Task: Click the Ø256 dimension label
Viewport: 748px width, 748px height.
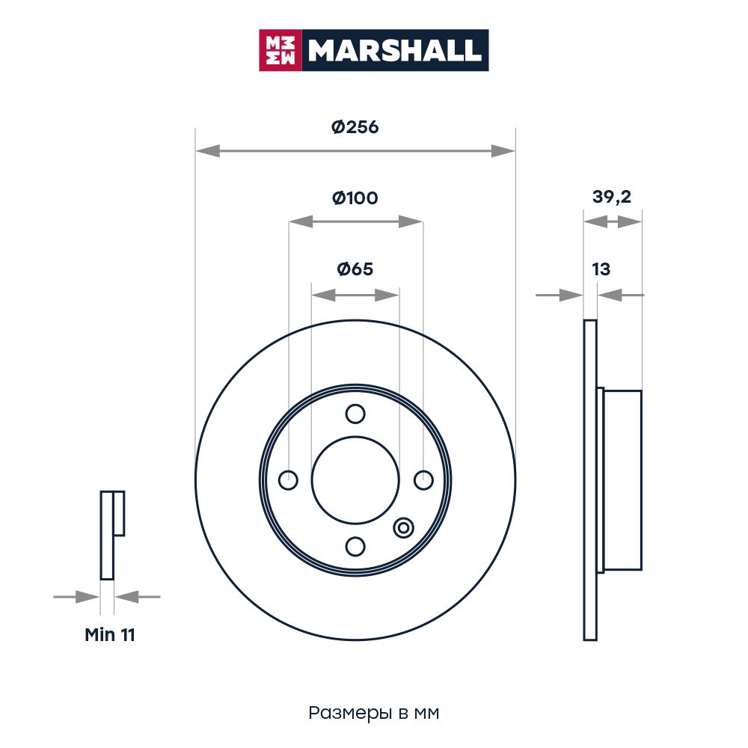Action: (355, 127)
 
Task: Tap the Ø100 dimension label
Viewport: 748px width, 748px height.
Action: (355, 197)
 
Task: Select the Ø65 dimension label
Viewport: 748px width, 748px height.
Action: (355, 269)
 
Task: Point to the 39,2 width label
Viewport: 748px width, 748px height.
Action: (612, 197)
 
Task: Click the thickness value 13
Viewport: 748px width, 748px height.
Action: (601, 269)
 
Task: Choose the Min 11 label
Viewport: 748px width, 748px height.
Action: (110, 634)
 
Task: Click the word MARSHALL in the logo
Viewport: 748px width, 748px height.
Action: (394, 50)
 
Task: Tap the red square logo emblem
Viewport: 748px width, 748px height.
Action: (280, 50)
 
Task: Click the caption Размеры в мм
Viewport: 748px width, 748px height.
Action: (373, 713)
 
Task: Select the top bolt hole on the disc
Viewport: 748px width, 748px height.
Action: (355, 414)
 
